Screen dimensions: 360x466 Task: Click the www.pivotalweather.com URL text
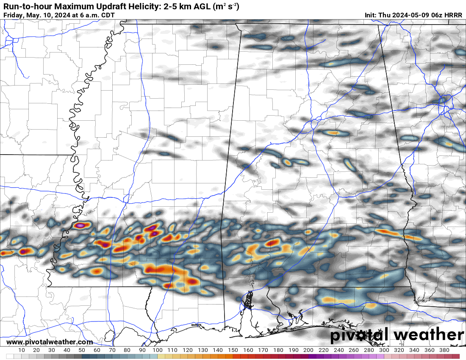point(50,342)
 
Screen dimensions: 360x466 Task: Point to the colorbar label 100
point(158,350)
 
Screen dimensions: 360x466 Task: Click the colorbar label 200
point(308,350)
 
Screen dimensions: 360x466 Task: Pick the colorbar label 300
point(384,350)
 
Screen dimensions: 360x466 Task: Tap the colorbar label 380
point(444,350)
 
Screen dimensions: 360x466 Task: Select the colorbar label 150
point(233,350)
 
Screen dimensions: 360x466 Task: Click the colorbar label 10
point(22,350)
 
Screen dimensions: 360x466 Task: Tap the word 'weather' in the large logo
point(429,335)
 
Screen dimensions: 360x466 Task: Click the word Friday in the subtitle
point(13,15)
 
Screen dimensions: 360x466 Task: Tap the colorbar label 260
point(354,350)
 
